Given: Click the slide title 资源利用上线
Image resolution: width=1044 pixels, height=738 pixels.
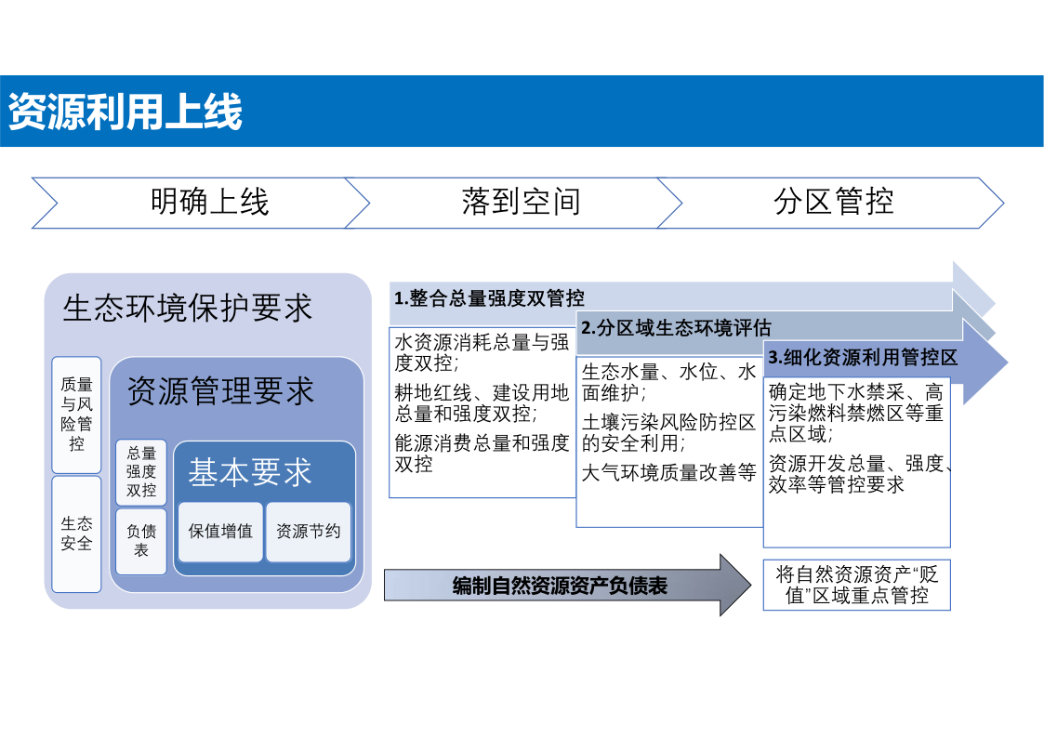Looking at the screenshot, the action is pyautogui.click(x=126, y=112).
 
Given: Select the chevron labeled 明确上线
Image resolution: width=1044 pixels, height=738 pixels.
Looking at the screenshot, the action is pyautogui.click(x=201, y=203).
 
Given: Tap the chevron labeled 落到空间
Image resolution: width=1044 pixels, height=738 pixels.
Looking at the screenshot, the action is pyautogui.click(x=513, y=203).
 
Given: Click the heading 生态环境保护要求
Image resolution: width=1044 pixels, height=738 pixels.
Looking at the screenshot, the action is pyautogui.click(x=187, y=308).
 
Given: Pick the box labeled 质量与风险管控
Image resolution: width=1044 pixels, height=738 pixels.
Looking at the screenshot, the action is pyautogui.click(x=76, y=415).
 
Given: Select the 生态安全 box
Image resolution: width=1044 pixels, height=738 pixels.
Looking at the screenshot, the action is pyautogui.click(x=76, y=534).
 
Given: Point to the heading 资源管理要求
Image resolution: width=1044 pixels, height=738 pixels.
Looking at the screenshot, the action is pyautogui.click(x=219, y=390).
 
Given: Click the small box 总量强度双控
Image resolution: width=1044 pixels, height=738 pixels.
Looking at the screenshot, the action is pyautogui.click(x=141, y=472).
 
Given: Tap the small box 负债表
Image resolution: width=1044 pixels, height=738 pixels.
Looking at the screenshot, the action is pyautogui.click(x=141, y=541).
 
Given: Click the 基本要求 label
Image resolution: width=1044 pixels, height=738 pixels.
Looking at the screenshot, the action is pyautogui.click(x=250, y=472).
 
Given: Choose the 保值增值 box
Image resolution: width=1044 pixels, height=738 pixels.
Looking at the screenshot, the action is pyautogui.click(x=220, y=532).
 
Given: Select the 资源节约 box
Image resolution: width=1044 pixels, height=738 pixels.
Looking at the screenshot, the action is pyautogui.click(x=309, y=532).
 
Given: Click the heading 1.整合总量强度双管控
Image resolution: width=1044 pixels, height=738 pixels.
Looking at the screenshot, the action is pyautogui.click(x=489, y=298).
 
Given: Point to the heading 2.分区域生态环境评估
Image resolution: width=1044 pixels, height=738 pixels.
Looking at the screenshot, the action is pyautogui.click(x=676, y=327).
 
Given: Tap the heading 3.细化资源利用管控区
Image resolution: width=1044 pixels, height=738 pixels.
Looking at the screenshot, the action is pyautogui.click(x=862, y=357).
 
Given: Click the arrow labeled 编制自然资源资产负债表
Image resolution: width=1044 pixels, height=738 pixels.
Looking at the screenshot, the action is pyautogui.click(x=568, y=586).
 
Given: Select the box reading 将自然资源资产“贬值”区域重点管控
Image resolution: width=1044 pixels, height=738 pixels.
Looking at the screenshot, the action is pyautogui.click(x=857, y=585).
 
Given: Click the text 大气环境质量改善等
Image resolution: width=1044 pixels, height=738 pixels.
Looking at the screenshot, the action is pyautogui.click(x=668, y=472).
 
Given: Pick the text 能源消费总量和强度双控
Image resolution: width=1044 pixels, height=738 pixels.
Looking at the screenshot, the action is pyautogui.click(x=482, y=454).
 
